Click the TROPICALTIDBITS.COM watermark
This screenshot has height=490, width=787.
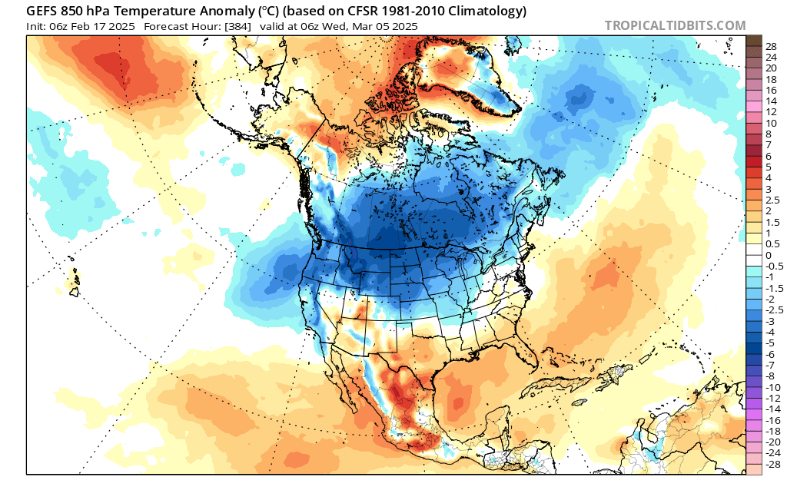coord(675,25)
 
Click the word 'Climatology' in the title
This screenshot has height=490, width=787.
coord(486,11)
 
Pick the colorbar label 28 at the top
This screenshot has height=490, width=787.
coord(771,46)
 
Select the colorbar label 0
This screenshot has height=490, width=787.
coord(769,255)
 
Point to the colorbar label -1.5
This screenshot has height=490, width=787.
coord(772,288)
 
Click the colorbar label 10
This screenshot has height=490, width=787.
coord(771,123)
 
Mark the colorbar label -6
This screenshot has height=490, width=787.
coord(770,355)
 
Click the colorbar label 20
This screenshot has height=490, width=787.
coord(771,68)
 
